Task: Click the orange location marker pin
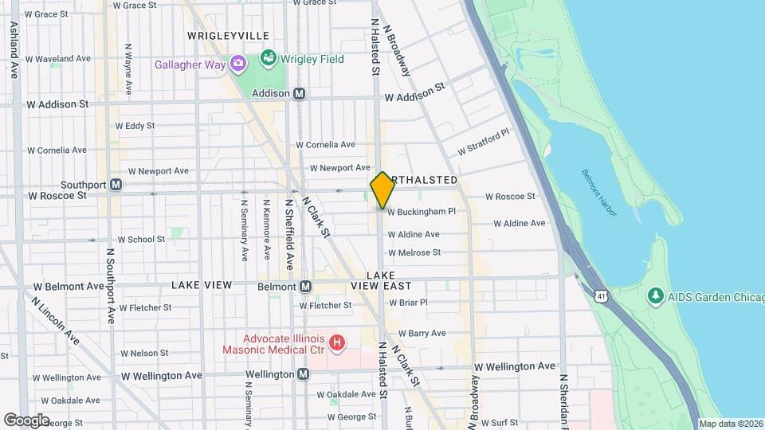click(382, 190)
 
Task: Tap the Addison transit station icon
click(300, 93)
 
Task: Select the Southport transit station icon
click(116, 184)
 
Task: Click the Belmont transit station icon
click(304, 287)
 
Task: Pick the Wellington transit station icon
click(303, 373)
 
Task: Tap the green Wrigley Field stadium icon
click(268, 59)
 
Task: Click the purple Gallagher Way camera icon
click(237, 64)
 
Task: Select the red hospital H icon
click(338, 342)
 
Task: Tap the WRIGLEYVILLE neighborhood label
click(228, 36)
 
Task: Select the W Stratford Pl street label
click(482, 143)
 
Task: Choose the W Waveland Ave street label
click(59, 59)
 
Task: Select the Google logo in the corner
click(26, 420)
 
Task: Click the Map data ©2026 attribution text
click(731, 424)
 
